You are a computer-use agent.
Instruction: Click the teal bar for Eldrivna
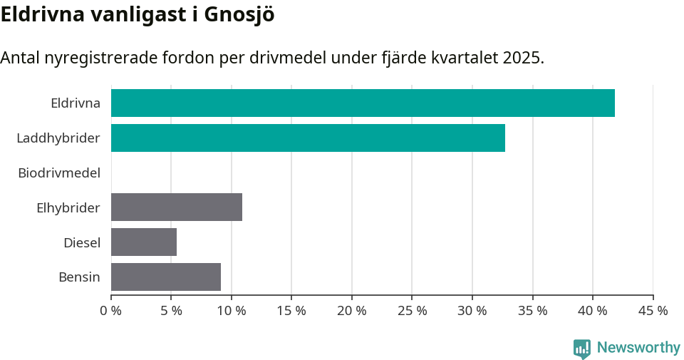click(363, 103)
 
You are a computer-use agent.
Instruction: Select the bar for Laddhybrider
click(308, 138)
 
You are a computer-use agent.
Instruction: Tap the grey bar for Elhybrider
click(177, 207)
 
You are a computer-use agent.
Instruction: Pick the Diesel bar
click(144, 242)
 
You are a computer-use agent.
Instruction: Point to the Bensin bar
click(166, 277)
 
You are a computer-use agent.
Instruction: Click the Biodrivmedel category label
click(59, 173)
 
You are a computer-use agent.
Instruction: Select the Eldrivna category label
click(76, 103)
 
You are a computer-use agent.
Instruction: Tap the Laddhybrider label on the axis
click(58, 138)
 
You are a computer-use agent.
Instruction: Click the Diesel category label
click(82, 242)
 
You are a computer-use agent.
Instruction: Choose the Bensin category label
click(79, 277)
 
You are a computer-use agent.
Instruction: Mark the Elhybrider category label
click(68, 207)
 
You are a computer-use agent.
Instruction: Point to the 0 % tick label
click(111, 311)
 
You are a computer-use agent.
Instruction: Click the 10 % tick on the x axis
click(232, 311)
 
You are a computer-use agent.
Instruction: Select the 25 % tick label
click(413, 311)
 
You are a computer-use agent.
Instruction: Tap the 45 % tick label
click(653, 311)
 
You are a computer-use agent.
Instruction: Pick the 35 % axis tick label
click(533, 311)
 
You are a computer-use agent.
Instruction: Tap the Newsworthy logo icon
click(582, 348)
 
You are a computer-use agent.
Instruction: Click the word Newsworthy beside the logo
click(638, 348)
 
